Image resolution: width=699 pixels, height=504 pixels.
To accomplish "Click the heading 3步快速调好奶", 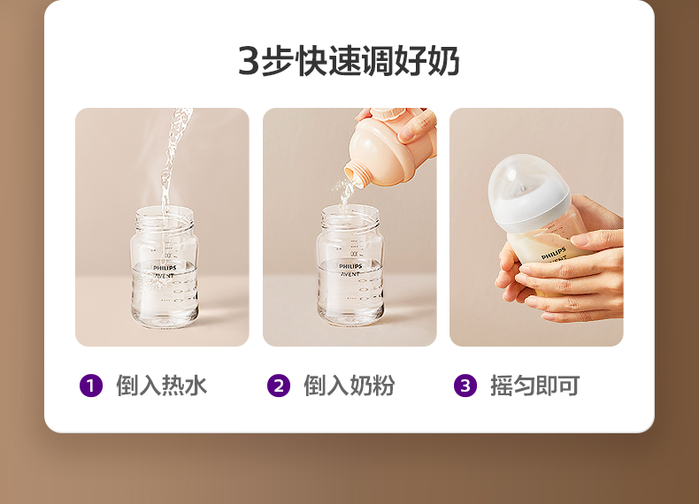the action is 349,61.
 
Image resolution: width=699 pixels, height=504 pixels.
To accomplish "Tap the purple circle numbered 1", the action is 91,386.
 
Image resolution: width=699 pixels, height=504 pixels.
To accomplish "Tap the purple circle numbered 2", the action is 279,386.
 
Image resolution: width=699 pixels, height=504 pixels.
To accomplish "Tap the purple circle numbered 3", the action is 465,386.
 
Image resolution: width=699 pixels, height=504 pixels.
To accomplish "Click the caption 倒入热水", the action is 161,386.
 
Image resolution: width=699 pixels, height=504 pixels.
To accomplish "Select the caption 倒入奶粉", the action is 349,386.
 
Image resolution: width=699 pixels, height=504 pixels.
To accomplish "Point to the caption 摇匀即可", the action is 535,386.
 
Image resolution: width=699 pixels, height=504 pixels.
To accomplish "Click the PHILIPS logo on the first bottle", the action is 165,268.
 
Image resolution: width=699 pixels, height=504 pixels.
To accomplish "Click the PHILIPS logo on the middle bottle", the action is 350,266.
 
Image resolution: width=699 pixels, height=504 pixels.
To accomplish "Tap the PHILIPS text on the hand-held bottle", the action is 553,253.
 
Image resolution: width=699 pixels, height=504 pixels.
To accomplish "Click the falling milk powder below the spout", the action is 345,194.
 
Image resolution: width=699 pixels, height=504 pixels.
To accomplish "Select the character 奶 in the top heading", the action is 443,61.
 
